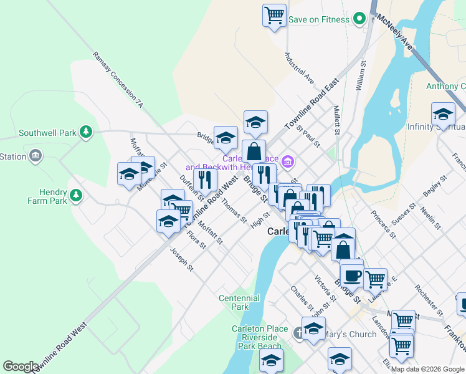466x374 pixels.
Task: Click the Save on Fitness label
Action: click(x=318, y=19)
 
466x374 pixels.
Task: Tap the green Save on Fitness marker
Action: click(x=359, y=19)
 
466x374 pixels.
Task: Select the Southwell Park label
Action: click(x=47, y=133)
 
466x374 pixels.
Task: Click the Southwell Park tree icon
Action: click(x=87, y=132)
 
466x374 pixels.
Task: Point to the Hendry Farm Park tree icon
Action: click(x=76, y=196)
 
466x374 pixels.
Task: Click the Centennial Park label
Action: click(x=239, y=302)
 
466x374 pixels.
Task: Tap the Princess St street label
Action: click(x=383, y=224)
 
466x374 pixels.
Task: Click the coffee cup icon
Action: click(x=351, y=275)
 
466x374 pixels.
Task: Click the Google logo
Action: click(x=21, y=367)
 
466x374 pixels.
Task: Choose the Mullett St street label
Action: click(x=337, y=120)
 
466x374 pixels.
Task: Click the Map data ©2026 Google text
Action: click(x=427, y=369)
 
